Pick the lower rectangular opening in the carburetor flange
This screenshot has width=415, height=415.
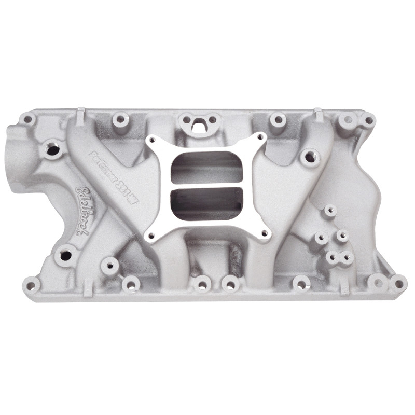tap(207, 202)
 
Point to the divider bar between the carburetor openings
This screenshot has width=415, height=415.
tap(207, 185)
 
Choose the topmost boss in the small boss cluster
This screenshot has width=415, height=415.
tap(329, 211)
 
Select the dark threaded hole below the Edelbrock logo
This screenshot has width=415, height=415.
tap(65, 255)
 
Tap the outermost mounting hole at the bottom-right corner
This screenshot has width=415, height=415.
tap(398, 283)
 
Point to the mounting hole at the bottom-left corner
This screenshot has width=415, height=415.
tap(31, 284)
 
